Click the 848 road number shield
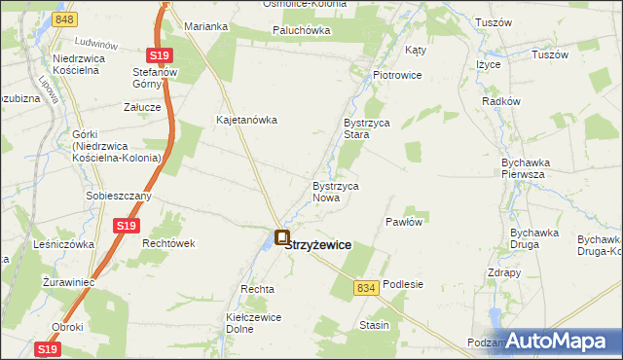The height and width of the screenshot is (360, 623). tap(65, 19)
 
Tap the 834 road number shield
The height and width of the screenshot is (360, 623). tap(366, 288)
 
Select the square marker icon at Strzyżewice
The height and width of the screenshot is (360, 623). tap(282, 236)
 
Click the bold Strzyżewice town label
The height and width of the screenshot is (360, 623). tap(319, 246)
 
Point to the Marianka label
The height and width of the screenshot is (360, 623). tap(205, 26)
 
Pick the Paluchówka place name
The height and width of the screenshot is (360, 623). tap(301, 30)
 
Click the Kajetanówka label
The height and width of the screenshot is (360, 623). tap(247, 121)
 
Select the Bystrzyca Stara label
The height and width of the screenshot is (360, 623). tap(366, 129)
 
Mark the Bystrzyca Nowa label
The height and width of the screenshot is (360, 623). tap(338, 191)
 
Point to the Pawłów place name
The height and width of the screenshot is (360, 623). tap(404, 222)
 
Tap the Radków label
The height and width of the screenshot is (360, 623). tap(502, 101)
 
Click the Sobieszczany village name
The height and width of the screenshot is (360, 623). tap(118, 196)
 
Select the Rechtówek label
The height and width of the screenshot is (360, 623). tap(169, 243)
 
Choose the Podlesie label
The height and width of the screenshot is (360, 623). tap(403, 284)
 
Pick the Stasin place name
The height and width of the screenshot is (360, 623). tap(374, 324)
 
